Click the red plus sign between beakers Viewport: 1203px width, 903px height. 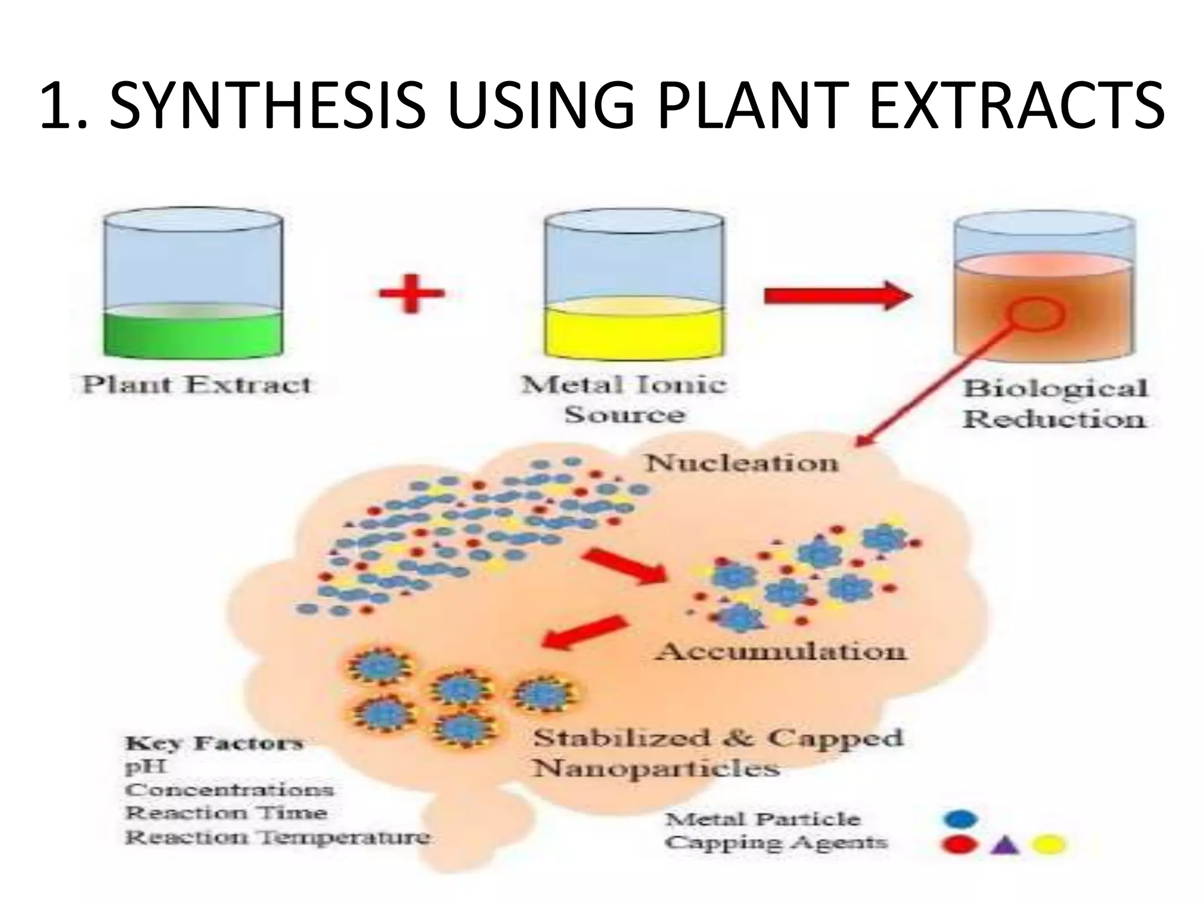click(x=411, y=292)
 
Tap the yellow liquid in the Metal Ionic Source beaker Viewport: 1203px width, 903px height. click(x=634, y=334)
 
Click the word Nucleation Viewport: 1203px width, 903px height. click(x=741, y=463)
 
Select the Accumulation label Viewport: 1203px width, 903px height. click(x=781, y=651)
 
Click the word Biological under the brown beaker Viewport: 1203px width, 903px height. click(x=1055, y=389)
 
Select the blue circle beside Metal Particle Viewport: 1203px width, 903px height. click(x=960, y=818)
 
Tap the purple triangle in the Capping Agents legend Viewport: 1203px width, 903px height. click(x=1005, y=845)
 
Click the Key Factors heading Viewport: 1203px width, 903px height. click(x=214, y=743)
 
